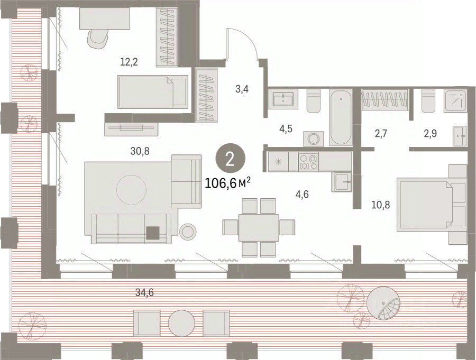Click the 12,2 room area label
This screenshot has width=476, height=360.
tap(129, 62)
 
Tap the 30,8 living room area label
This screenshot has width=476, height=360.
tap(140, 151)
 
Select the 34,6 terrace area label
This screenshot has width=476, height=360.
tap(144, 293)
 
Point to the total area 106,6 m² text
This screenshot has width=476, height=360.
tap(227, 183)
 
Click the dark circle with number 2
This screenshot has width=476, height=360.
tap(230, 159)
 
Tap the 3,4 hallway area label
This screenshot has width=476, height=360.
tap(242, 89)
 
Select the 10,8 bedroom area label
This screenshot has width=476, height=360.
tap(381, 205)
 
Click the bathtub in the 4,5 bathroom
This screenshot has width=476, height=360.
tap(341, 117)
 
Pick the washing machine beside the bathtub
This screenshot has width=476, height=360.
tap(313, 139)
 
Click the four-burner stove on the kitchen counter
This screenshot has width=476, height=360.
tap(308, 161)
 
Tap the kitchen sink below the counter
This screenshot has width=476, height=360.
tap(342, 182)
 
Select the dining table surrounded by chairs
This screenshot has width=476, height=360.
tap(259, 228)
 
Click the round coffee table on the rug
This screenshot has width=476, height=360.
tap(132, 190)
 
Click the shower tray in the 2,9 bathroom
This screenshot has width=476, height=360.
tap(455, 100)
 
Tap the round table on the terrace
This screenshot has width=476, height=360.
tap(181, 324)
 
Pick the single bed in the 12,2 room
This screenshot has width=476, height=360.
tap(153, 91)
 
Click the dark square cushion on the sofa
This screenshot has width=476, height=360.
tap(153, 234)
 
